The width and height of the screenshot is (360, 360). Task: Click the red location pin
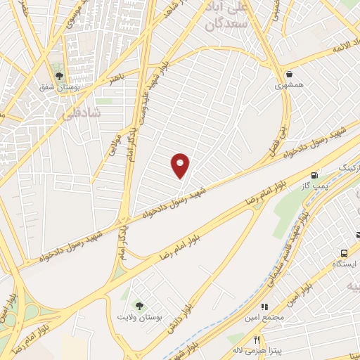[x=181, y=165]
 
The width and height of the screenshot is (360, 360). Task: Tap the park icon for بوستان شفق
[x=58, y=75]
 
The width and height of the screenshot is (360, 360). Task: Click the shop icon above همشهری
[x=289, y=73]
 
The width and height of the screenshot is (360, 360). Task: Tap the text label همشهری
[x=289, y=84]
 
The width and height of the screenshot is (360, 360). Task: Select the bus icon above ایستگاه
[x=344, y=253]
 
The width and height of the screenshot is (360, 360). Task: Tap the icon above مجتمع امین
[x=264, y=307]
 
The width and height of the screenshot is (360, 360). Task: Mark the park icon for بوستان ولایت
[x=139, y=307]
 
